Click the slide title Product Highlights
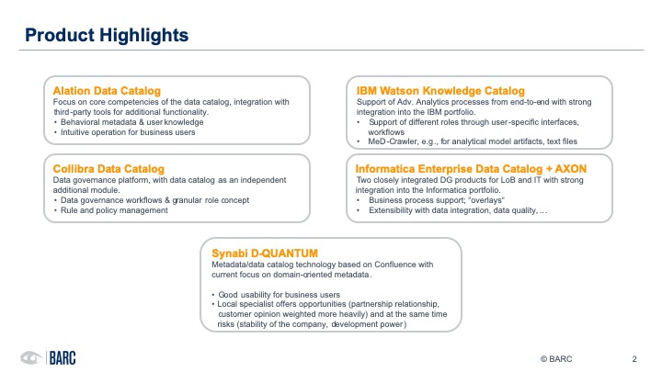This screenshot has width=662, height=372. [107, 36]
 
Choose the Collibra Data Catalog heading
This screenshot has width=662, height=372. [104, 169]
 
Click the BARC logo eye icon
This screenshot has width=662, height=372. [30, 357]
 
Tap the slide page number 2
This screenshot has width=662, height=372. [634, 357]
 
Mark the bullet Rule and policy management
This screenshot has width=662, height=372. [114, 210]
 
